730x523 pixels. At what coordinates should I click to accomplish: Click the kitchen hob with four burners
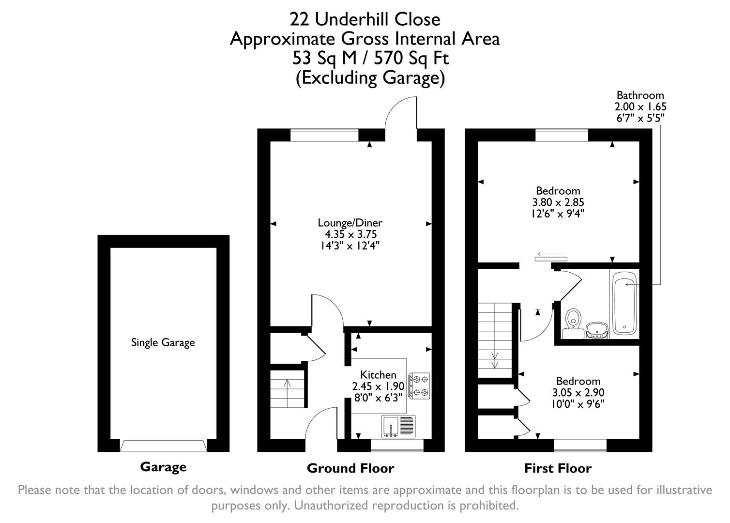tap(419, 385)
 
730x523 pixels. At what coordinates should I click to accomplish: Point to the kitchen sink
tap(398, 427)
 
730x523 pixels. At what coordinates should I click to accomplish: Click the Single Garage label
tap(163, 343)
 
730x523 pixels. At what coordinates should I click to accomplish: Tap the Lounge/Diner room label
tap(350, 223)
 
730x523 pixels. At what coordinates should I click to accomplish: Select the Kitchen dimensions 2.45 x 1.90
tap(378, 386)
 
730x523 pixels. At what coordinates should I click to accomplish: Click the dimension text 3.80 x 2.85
tap(558, 202)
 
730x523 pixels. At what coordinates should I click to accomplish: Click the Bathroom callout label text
tap(640, 95)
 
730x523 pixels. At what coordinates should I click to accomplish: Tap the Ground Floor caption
tap(350, 468)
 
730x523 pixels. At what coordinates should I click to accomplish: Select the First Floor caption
tap(558, 468)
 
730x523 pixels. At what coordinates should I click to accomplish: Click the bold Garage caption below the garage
tap(163, 467)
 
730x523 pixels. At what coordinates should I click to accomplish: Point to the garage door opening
tap(163, 446)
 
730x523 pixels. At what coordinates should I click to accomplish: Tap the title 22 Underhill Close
tap(365, 19)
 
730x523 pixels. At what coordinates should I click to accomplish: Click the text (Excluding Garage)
tap(370, 78)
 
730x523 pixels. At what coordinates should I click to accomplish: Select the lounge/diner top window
tap(324, 135)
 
